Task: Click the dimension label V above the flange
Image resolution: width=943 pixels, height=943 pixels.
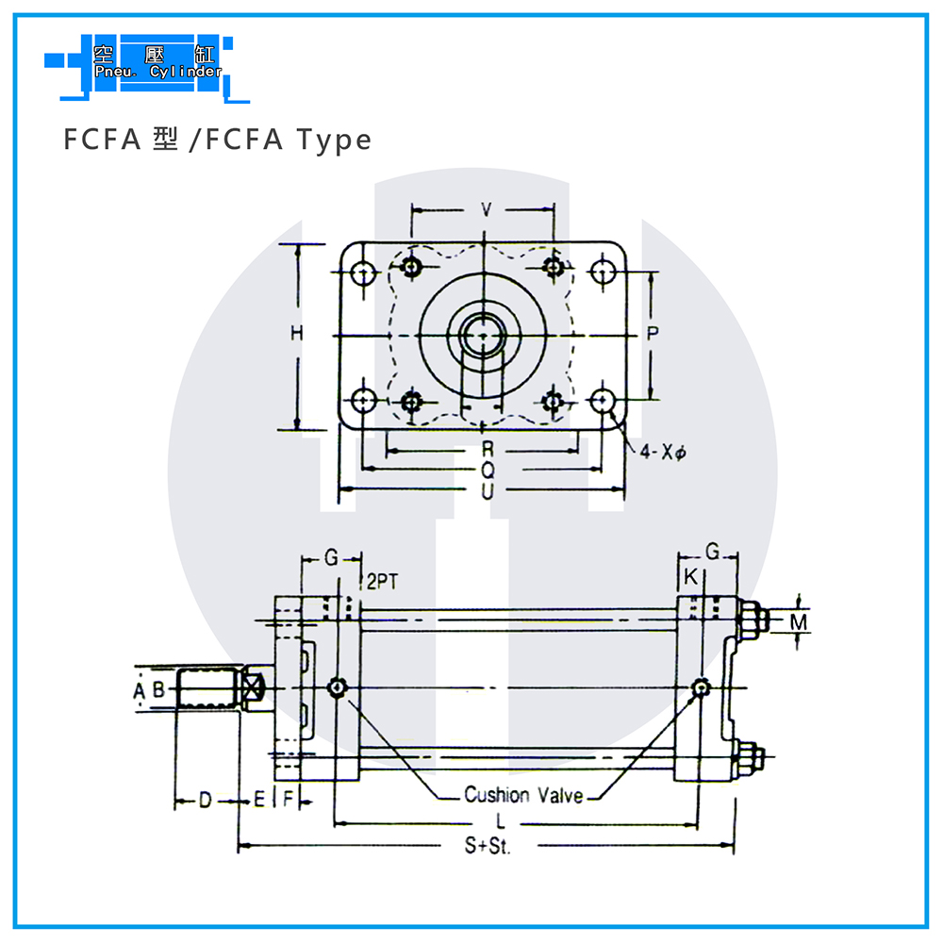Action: pyautogui.click(x=487, y=209)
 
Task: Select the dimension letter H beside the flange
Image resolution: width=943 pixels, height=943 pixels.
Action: pyautogui.click(x=296, y=333)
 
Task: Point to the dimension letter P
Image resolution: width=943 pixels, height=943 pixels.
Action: pyautogui.click(x=653, y=333)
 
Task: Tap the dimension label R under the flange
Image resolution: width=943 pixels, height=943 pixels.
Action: pyautogui.click(x=488, y=449)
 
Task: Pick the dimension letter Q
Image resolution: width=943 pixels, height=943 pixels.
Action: pyautogui.click(x=488, y=471)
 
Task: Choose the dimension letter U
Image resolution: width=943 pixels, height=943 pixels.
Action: pyautogui.click(x=488, y=491)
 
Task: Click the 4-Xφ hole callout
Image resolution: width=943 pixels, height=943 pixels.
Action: pyautogui.click(x=663, y=452)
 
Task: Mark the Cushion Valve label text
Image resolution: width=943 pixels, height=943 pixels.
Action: pyautogui.click(x=523, y=795)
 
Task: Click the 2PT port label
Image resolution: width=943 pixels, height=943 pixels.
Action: pyautogui.click(x=383, y=582)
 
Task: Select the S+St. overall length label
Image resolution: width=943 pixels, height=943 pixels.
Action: pyautogui.click(x=488, y=846)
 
